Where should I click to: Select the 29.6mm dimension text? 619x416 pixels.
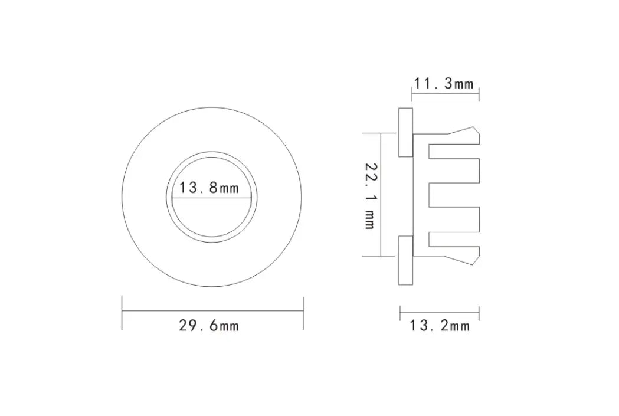click(209, 325)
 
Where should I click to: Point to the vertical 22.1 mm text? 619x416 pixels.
click(370, 195)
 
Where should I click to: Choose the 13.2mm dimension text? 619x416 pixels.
click(440, 325)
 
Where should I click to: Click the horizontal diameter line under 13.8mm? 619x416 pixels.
click(212, 198)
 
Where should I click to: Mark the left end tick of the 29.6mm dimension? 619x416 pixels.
click(122, 313)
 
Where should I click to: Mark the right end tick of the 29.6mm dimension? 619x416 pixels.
click(303, 313)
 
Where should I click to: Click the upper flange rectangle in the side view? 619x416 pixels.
click(405, 132)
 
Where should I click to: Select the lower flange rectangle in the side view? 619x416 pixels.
click(405, 260)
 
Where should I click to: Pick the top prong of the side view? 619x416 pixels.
click(454, 150)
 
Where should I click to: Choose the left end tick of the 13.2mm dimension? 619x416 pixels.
click(400, 313)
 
